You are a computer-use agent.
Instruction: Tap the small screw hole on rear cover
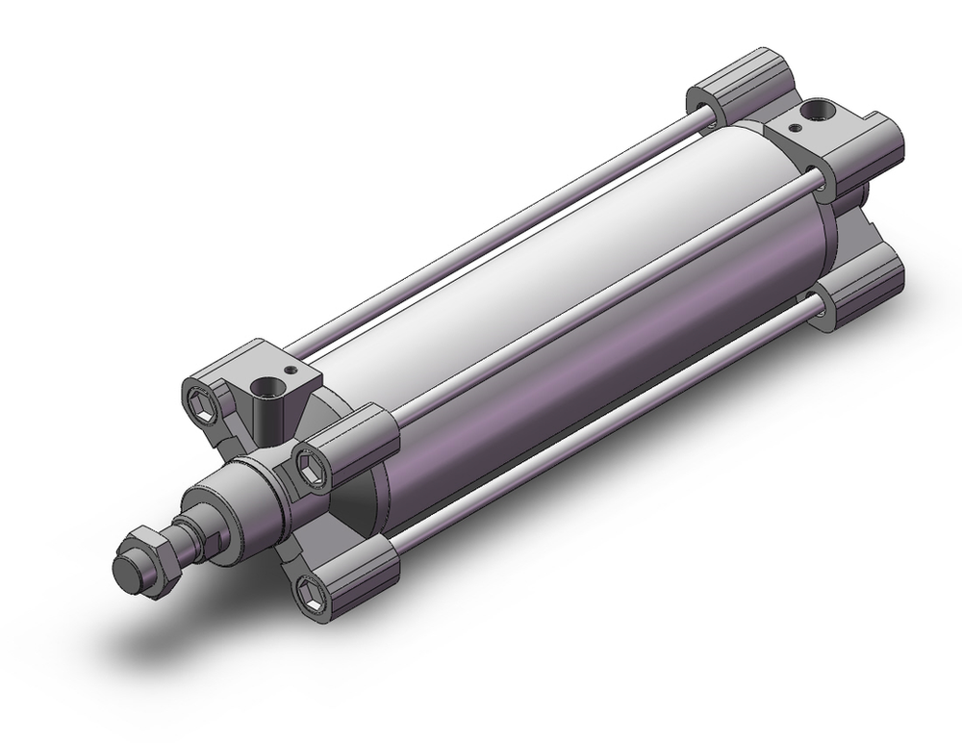tap(795, 124)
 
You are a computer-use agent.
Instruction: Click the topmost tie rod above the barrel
tap(500, 234)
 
